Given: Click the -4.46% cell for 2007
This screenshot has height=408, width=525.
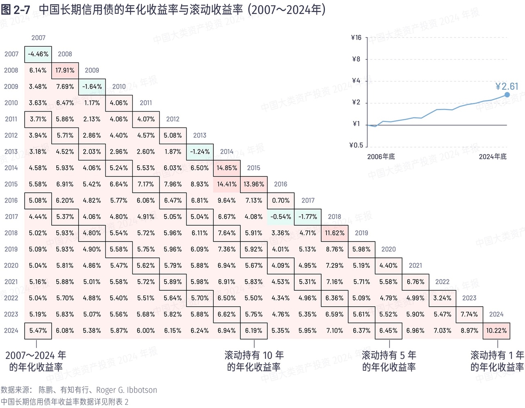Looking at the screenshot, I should (38, 54).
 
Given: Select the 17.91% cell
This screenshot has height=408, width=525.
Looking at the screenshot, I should (65, 71).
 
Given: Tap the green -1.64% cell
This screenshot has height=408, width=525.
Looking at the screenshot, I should (92, 87).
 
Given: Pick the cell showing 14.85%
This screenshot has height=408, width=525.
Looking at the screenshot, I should (227, 168).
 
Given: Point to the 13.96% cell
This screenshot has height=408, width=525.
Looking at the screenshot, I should (254, 185).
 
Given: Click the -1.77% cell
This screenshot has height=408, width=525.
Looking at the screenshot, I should (308, 217).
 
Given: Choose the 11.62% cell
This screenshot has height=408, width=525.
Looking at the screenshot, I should (335, 233).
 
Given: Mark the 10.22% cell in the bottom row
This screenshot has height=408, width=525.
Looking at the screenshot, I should (496, 331).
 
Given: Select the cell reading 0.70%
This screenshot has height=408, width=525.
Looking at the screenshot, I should (281, 201).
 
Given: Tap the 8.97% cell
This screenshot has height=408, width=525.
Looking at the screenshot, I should (469, 331).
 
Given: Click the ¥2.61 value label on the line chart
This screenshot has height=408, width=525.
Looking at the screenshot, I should (507, 87).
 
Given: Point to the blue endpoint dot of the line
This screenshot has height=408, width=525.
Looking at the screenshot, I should (507, 95).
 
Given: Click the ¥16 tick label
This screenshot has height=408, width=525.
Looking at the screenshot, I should (356, 38).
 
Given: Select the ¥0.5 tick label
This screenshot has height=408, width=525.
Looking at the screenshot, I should (356, 145).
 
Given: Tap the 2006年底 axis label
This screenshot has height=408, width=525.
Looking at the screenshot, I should (381, 157).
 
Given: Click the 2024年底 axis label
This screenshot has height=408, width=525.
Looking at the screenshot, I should (493, 157).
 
